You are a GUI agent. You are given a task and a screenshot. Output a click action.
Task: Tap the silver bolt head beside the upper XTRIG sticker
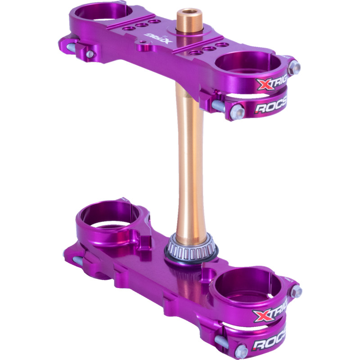click(295, 67)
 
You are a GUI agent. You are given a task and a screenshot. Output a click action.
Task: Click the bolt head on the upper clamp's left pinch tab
click(90, 54)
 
